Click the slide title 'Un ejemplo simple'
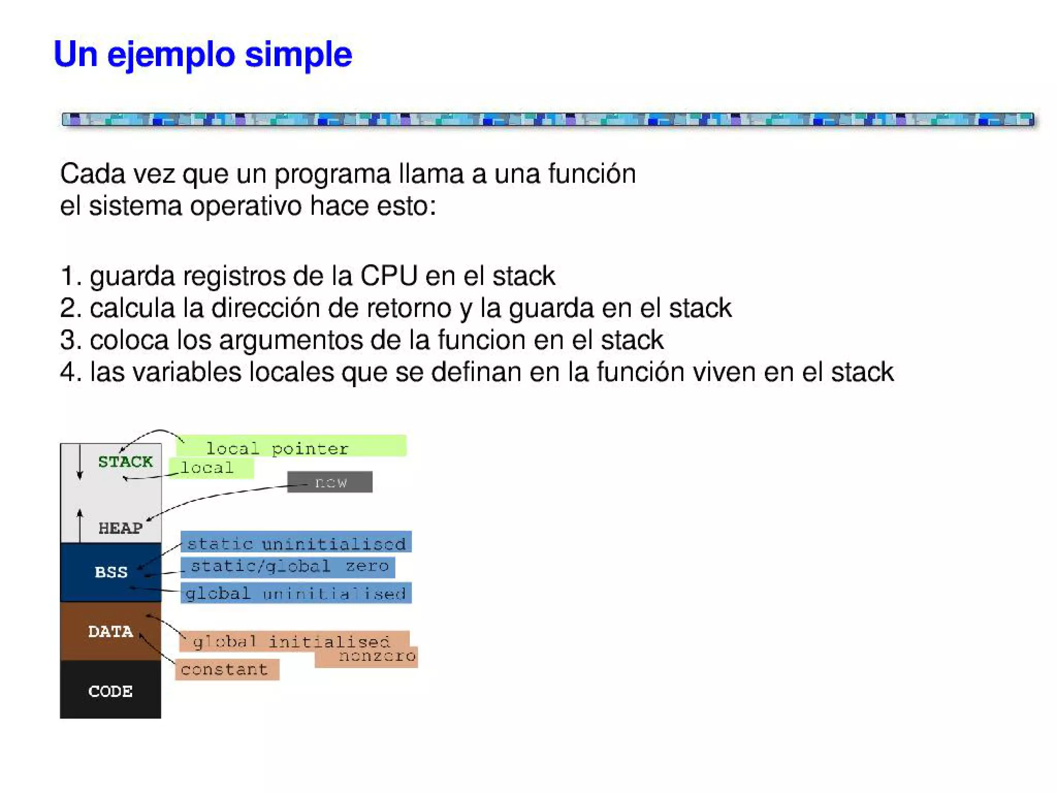tap(202, 54)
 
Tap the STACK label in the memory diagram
tap(125, 462)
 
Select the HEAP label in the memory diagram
tap(120, 528)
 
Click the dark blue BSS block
tap(110, 572)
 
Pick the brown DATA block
tap(110, 631)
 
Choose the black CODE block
tap(110, 691)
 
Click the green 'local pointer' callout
tap(292, 447)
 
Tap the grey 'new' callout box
tap(330, 482)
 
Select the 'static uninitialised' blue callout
tap(296, 543)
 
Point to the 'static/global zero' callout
tap(289, 566)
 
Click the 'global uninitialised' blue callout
tap(296, 593)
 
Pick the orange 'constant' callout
tap(227, 669)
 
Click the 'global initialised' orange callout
tap(292, 641)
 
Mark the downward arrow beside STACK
tap(79, 461)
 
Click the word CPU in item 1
tap(388, 276)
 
